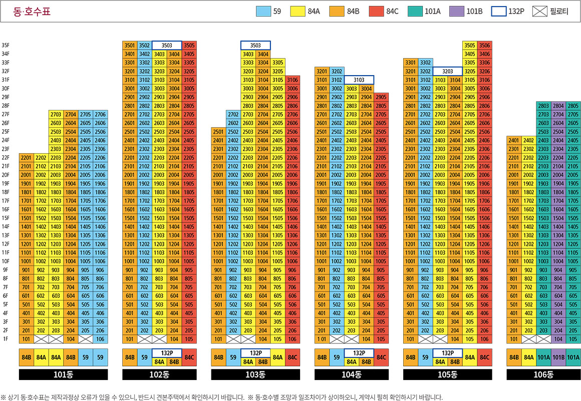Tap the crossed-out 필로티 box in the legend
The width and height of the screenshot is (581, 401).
click(542, 11)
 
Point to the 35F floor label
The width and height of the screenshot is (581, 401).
click(6, 45)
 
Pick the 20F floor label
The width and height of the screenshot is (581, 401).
click(6, 175)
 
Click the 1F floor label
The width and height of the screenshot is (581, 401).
click(6, 339)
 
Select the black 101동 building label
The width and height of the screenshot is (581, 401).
click(63, 374)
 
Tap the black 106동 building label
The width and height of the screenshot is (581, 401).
click(543, 374)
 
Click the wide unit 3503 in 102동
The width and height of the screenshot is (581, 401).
click(167, 45)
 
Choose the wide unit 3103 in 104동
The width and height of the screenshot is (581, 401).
click(359, 80)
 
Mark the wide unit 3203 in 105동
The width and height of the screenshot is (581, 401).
click(447, 71)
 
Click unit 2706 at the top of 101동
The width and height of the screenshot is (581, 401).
click(100, 114)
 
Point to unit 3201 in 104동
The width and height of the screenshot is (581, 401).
click(322, 71)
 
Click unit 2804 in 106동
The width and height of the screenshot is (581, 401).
click(558, 106)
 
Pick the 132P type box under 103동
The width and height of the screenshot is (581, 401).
click(255, 352)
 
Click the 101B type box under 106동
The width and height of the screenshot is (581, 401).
click(558, 357)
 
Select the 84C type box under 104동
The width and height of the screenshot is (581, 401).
click(381, 357)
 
